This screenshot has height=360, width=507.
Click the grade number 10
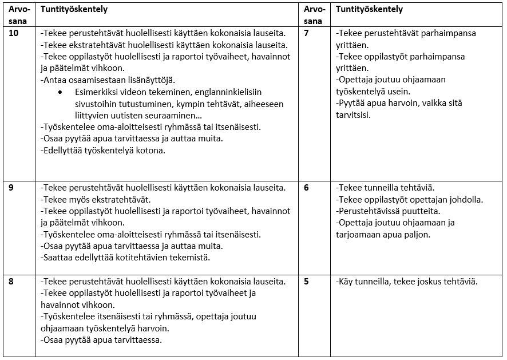pyautogui.click(x=14, y=33)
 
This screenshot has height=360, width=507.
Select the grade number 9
pyautogui.click(x=11, y=188)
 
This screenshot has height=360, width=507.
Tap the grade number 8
pyautogui.click(x=11, y=282)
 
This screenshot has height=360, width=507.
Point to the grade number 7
pyautogui.click(x=306, y=33)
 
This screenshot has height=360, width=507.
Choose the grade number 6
pyautogui.click(x=306, y=188)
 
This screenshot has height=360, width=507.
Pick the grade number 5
pyautogui.click(x=306, y=282)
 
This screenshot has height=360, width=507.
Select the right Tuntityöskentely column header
pyautogui.click(x=369, y=10)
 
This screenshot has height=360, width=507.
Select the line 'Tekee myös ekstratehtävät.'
pyautogui.click(x=96, y=199)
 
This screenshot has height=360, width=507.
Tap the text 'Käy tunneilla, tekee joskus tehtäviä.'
pyautogui.click(x=406, y=282)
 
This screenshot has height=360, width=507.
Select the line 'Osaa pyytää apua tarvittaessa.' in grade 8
pyautogui.click(x=102, y=340)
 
